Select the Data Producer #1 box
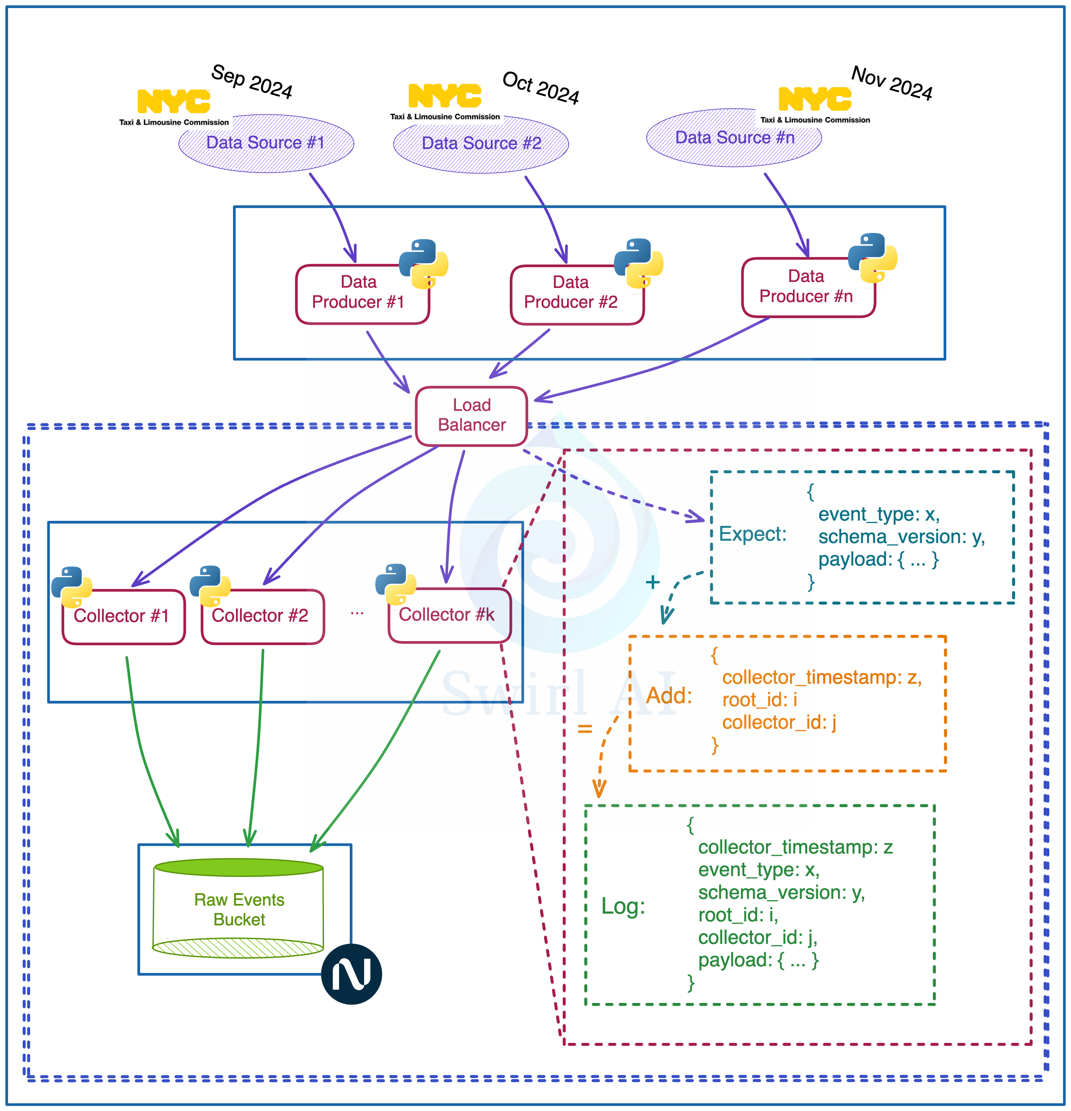pos(362,294)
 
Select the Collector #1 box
pos(123,616)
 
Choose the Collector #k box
pos(449,615)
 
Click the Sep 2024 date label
pos(252,82)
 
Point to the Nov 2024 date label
pos(892,83)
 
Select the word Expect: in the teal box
pos(752,534)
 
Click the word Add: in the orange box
pos(669,695)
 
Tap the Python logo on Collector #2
pos(210,586)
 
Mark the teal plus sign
pos(653,582)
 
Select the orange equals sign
pos(585,728)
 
